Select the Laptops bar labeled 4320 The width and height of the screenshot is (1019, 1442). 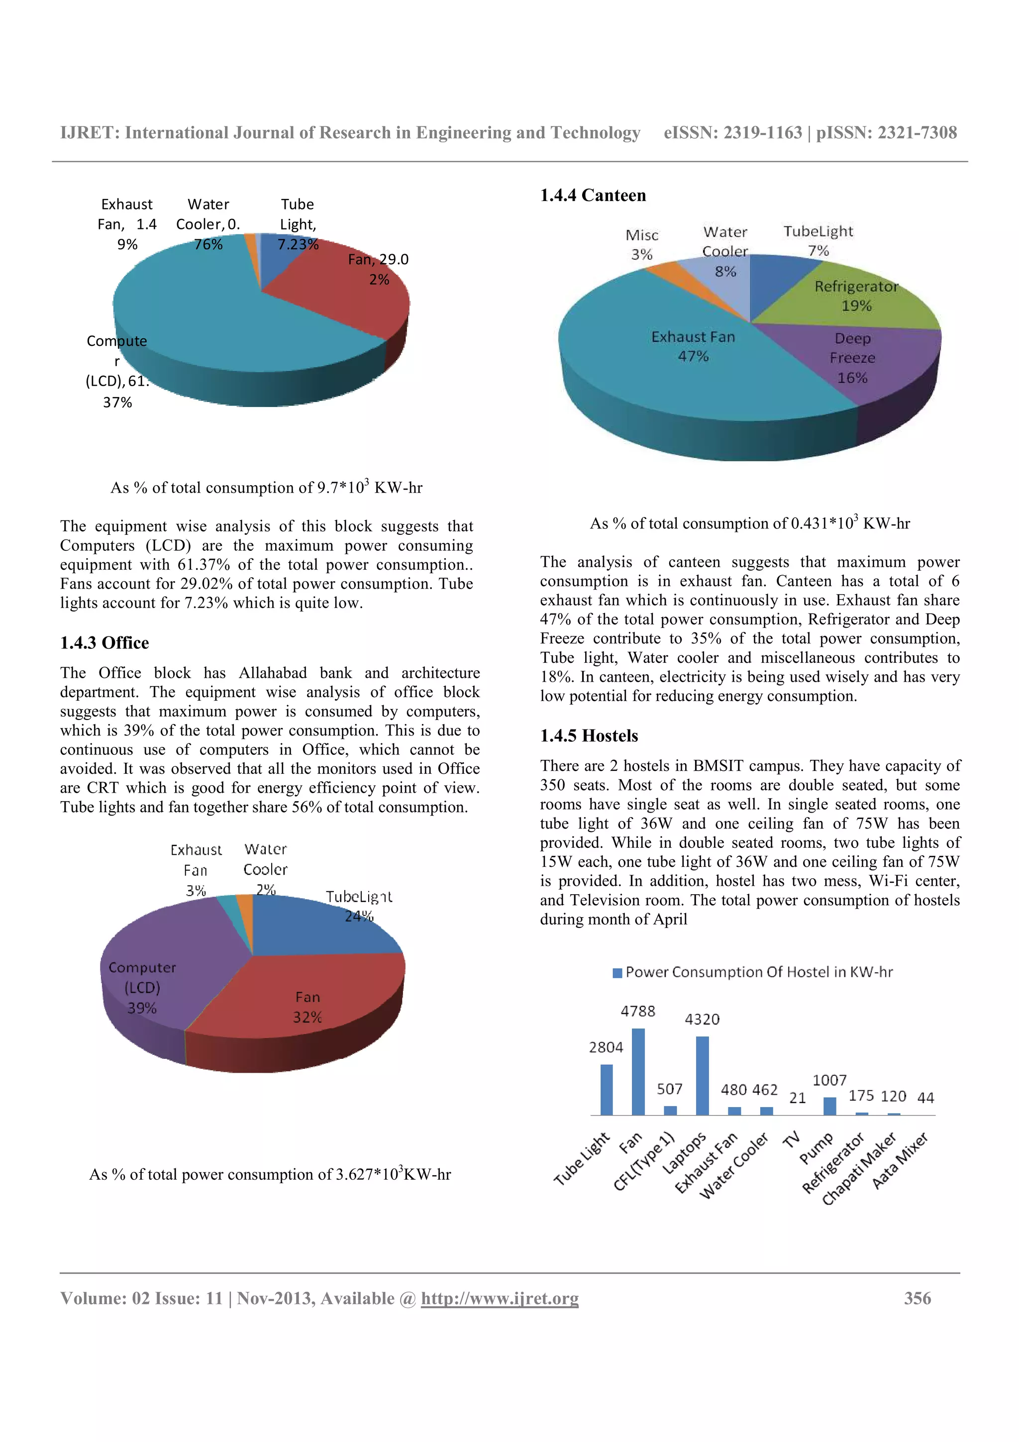(702, 1075)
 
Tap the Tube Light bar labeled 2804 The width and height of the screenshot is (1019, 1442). (606, 1089)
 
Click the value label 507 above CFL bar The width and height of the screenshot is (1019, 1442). (669, 1088)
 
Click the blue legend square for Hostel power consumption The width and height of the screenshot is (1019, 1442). (617, 973)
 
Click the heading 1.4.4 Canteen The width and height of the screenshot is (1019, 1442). (593, 196)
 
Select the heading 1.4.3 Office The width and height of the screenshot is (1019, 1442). (104, 642)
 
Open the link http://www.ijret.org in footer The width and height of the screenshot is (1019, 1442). (499, 1298)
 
